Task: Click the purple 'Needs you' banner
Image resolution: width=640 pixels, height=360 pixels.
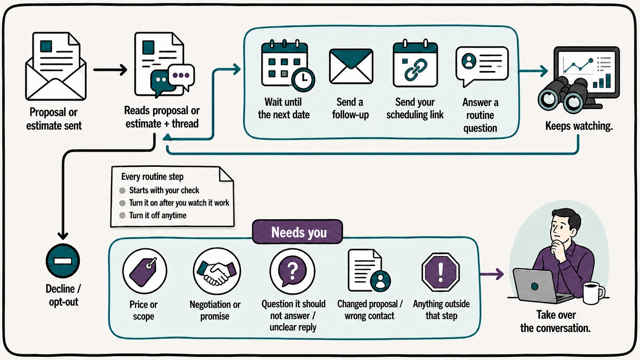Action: point(297,232)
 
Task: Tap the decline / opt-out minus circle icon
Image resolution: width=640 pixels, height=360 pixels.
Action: point(62,261)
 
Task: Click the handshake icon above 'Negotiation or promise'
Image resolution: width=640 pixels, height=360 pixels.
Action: point(217,272)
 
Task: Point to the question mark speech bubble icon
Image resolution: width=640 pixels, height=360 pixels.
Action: point(292,271)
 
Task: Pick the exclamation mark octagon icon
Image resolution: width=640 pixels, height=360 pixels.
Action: point(441,272)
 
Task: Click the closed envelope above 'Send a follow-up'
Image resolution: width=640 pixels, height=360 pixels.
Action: point(351,66)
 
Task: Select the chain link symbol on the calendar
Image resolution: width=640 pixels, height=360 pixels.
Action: point(415,69)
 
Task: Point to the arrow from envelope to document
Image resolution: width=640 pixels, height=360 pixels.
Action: point(110,70)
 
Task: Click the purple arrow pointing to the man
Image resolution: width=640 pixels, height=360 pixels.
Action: point(491,274)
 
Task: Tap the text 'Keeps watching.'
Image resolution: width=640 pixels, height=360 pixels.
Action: point(579,125)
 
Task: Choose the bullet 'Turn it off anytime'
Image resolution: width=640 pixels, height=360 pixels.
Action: point(157,215)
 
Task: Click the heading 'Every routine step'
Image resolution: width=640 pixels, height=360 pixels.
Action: point(152,176)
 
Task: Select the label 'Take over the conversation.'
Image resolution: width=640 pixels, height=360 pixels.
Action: point(555,321)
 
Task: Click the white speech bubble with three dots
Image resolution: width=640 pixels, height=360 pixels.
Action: point(181,76)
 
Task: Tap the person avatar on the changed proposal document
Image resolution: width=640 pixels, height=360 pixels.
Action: point(380,281)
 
